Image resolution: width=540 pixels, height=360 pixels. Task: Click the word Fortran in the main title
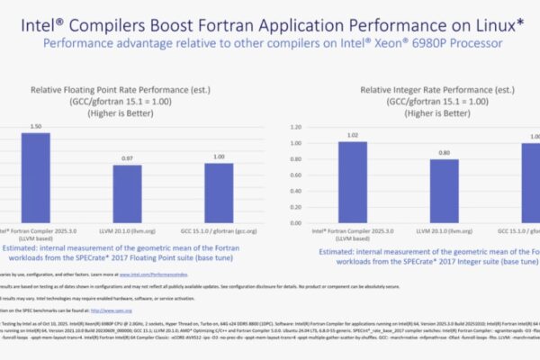click(x=236, y=20)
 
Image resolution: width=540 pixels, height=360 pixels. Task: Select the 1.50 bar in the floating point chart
click(x=37, y=180)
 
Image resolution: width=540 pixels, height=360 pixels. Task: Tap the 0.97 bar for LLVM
click(x=126, y=194)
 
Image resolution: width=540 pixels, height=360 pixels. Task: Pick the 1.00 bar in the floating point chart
click(x=213, y=193)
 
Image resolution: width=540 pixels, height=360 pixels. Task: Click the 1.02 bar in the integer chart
click(x=353, y=185)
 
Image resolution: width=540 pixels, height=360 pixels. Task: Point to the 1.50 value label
click(x=37, y=126)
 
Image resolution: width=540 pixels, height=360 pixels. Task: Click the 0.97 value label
click(x=126, y=157)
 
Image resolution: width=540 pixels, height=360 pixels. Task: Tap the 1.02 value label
click(x=353, y=135)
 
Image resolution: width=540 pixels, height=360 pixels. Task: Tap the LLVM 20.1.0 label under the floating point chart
click(x=126, y=233)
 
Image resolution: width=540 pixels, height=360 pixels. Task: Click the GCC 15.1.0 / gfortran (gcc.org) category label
click(x=213, y=233)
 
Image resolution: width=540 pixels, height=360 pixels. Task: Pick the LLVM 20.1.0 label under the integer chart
click(x=444, y=233)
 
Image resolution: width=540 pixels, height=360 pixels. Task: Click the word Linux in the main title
click(x=491, y=20)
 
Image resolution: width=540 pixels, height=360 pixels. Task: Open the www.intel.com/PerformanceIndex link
click(x=143, y=273)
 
